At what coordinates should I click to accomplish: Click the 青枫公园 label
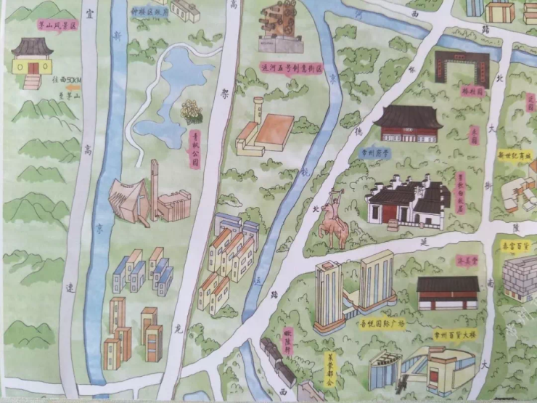pyautogui.click(x=194, y=149)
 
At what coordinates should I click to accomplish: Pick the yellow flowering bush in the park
pyautogui.click(x=192, y=111)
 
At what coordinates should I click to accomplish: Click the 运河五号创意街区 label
pyautogui.click(x=289, y=70)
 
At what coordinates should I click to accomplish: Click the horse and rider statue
pyautogui.click(x=335, y=218)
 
